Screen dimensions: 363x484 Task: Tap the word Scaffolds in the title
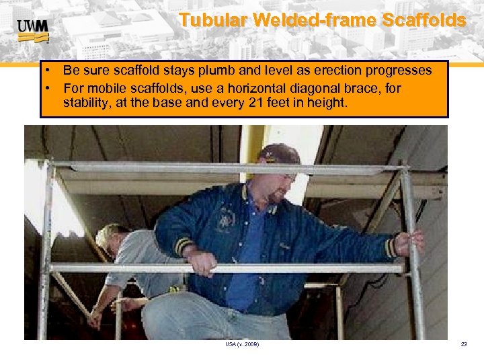coord(424,20)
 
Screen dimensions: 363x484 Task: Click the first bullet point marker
coord(50,71)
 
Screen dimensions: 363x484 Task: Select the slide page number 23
coord(463,344)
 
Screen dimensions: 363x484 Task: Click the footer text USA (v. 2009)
coord(242,344)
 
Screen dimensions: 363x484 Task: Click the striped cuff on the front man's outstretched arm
coord(390,247)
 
